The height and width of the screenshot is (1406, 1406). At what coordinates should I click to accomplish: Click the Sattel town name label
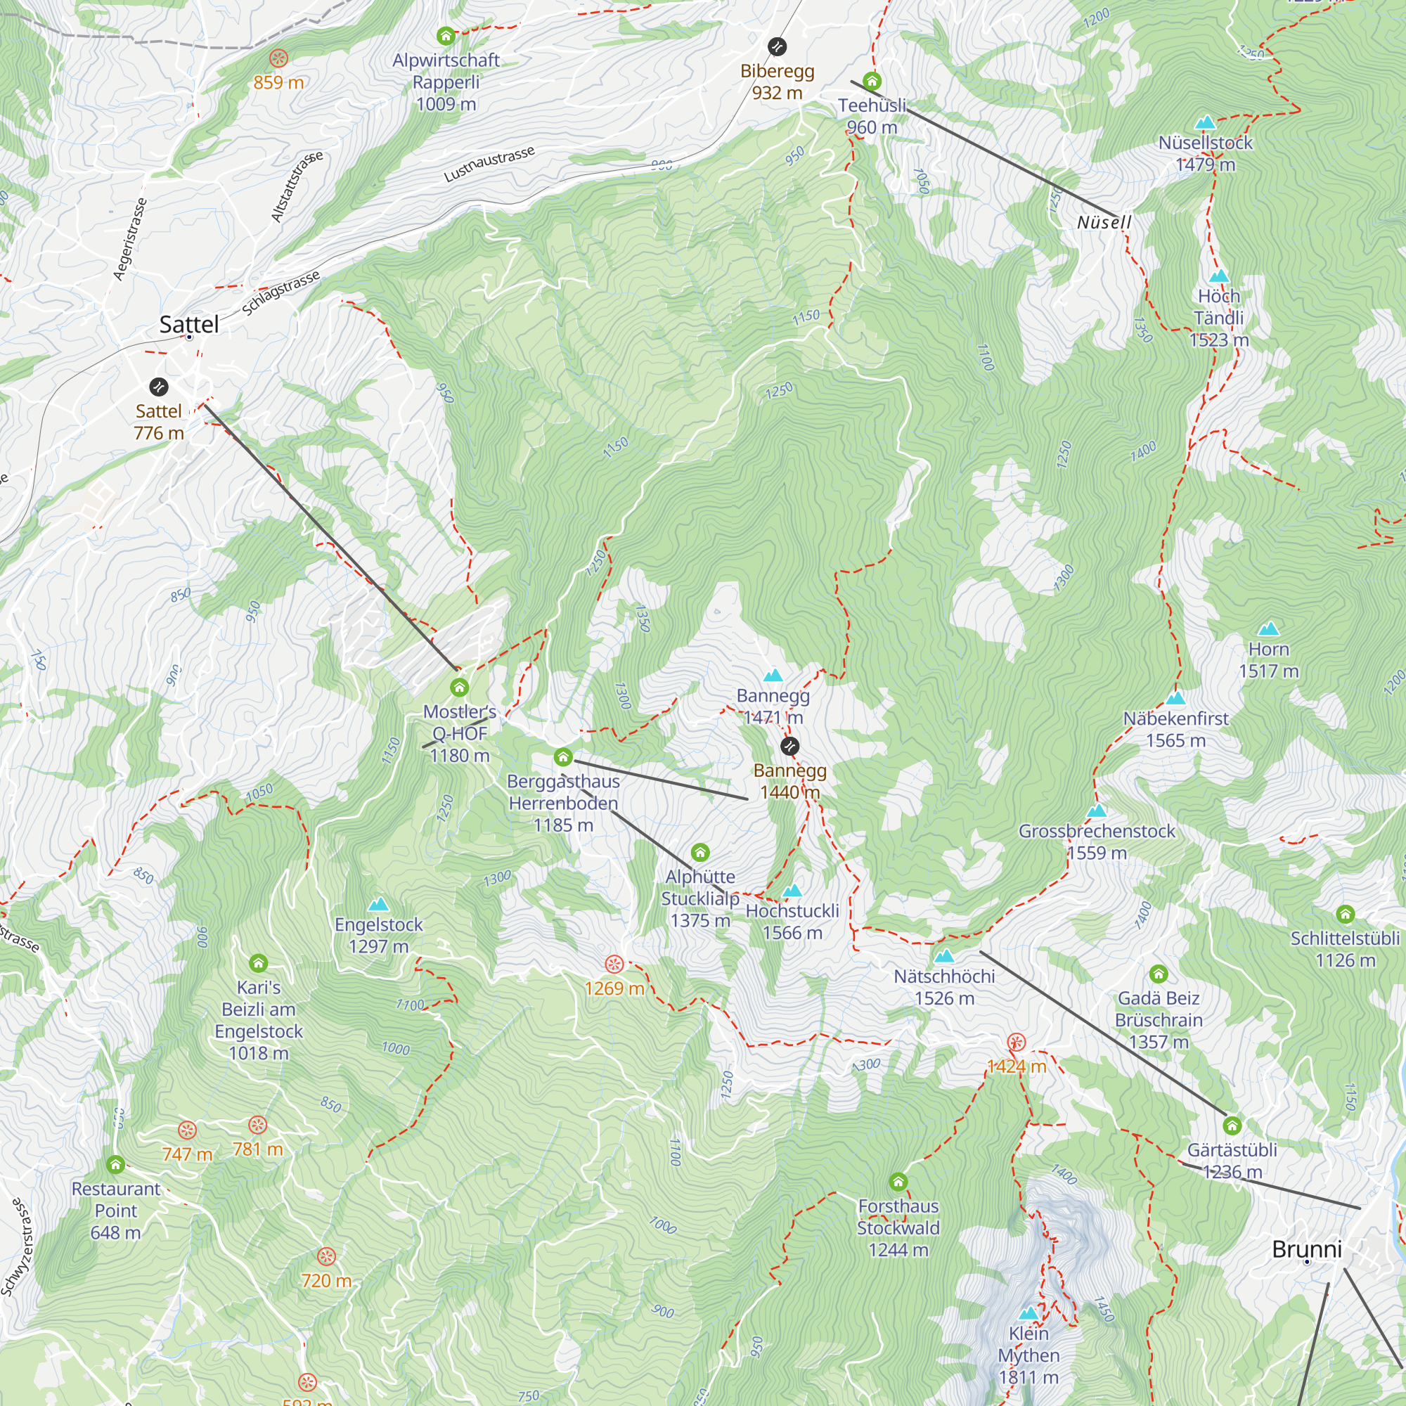[x=188, y=325]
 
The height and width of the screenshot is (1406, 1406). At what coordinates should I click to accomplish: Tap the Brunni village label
[x=1306, y=1249]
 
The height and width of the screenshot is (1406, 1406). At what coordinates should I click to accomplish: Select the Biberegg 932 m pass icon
[x=778, y=46]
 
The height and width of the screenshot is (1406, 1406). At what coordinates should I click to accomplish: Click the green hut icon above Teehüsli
[x=872, y=81]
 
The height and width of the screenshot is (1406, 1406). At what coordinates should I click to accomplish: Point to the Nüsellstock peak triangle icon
[x=1205, y=122]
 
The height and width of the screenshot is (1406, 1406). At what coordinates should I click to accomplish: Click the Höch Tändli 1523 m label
[x=1219, y=318]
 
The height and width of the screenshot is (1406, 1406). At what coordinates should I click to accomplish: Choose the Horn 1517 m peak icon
[x=1268, y=628]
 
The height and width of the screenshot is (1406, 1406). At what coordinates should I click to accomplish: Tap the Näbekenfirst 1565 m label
[x=1175, y=729]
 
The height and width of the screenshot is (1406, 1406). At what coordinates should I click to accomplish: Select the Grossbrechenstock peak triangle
[x=1097, y=811]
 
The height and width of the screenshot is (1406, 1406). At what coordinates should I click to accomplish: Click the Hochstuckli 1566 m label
[x=792, y=922]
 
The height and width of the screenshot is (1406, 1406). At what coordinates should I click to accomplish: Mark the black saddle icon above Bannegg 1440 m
[x=789, y=746]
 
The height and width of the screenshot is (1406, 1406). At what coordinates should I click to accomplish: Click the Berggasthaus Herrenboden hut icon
[x=563, y=758]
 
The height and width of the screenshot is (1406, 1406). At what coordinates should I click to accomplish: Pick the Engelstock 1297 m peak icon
[x=378, y=905]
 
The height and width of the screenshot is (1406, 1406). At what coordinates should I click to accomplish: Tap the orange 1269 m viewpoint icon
[x=615, y=965]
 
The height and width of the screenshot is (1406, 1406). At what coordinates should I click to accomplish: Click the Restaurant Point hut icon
[x=116, y=1165]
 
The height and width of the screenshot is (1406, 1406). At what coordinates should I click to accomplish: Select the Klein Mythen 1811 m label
[x=1028, y=1355]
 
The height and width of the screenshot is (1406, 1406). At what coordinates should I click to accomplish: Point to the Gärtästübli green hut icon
[x=1232, y=1126]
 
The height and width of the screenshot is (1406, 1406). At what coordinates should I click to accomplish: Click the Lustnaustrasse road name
[x=489, y=164]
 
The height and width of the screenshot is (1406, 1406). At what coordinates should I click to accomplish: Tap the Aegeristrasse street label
[x=130, y=239]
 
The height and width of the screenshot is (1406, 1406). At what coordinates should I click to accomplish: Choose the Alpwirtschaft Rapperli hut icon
[x=446, y=36]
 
